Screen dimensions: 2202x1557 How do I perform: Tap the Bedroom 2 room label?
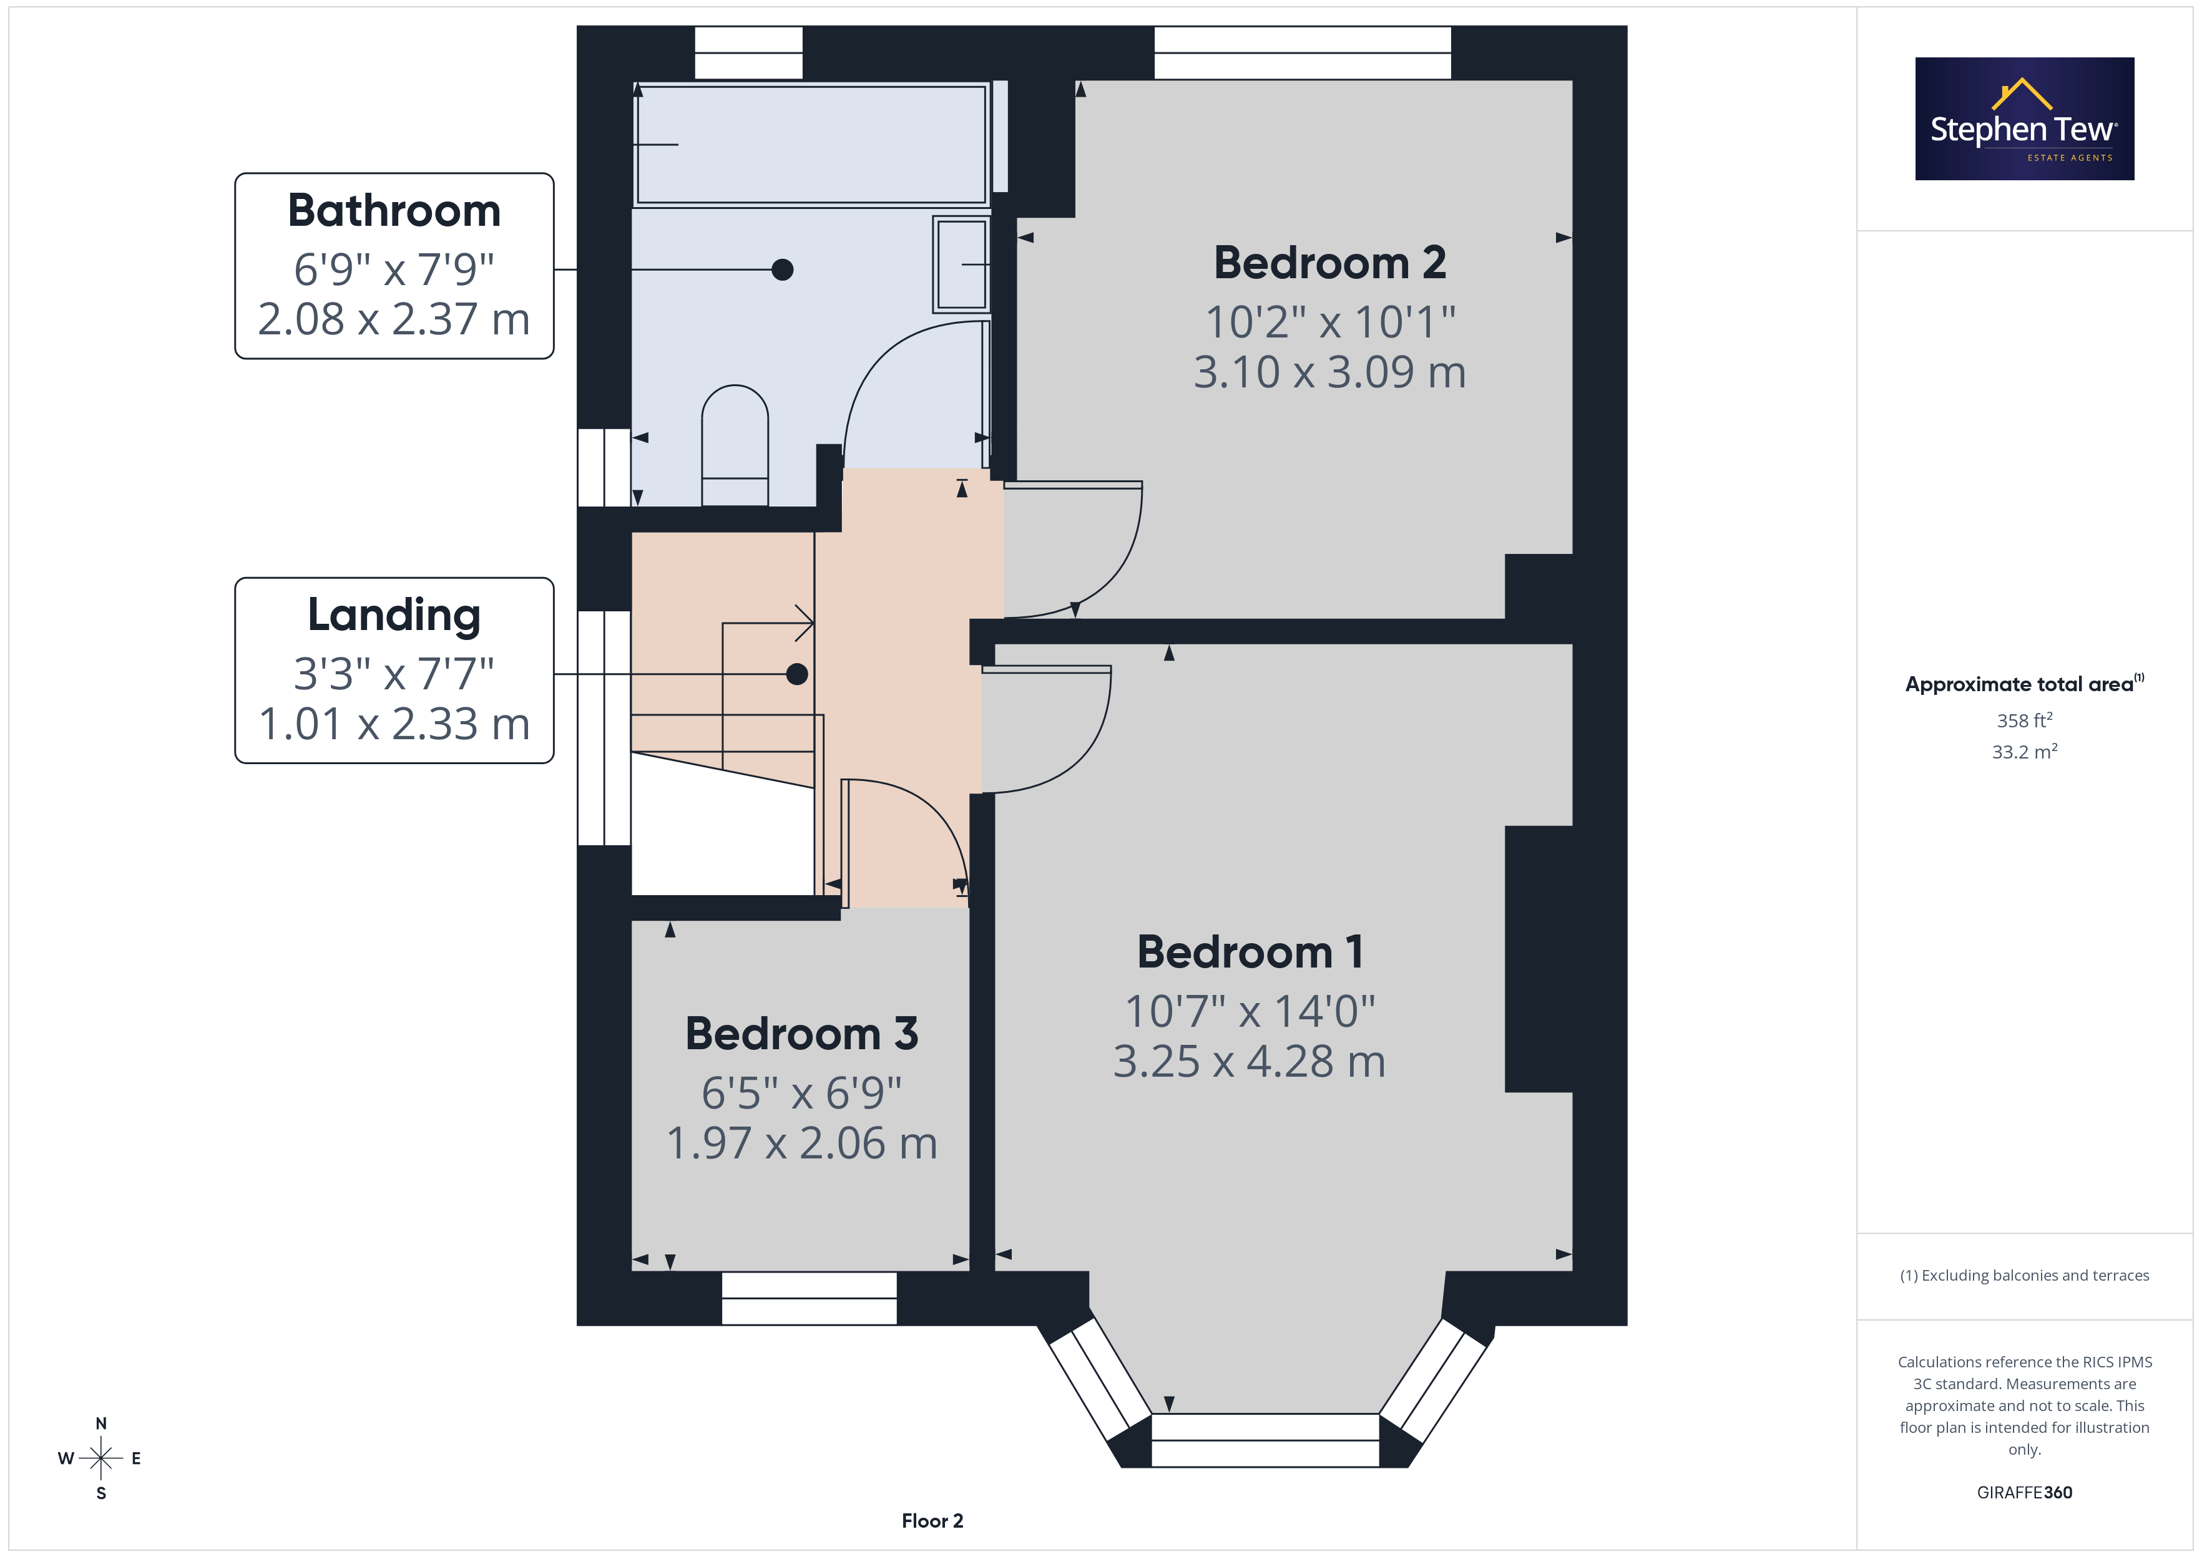(1330, 263)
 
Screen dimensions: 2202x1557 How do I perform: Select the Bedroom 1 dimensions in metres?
(1250, 1061)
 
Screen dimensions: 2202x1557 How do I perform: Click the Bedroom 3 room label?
(802, 1034)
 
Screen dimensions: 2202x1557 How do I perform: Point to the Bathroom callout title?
(394, 210)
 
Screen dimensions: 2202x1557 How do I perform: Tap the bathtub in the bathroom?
(811, 145)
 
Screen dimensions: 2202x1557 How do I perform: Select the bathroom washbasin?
(961, 264)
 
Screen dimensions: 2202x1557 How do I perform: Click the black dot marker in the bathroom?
(783, 270)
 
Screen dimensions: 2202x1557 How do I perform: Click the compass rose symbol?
(100, 1458)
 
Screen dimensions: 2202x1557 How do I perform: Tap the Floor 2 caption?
(932, 1521)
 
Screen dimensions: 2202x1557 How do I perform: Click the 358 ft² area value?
(2025, 720)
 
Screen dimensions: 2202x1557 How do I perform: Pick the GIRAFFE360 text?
(2025, 1493)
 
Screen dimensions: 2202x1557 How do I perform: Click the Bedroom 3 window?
(810, 1298)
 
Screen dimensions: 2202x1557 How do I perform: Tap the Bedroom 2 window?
(1303, 53)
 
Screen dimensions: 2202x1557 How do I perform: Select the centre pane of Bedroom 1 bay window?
(1265, 1440)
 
